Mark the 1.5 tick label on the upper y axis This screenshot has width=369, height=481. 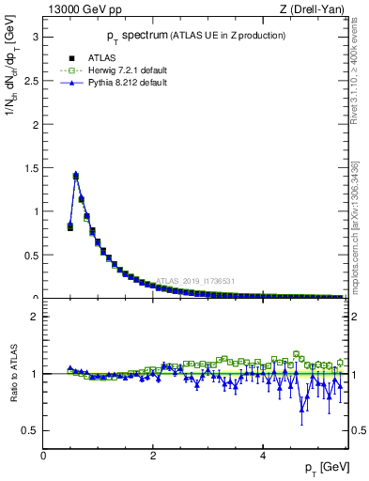[x=31, y=168]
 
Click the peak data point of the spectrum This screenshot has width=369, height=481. [x=76, y=175]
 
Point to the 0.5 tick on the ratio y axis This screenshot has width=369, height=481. [x=31, y=430]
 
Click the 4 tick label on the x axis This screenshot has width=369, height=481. [x=262, y=457]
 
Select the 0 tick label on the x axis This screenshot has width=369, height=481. [x=43, y=457]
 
